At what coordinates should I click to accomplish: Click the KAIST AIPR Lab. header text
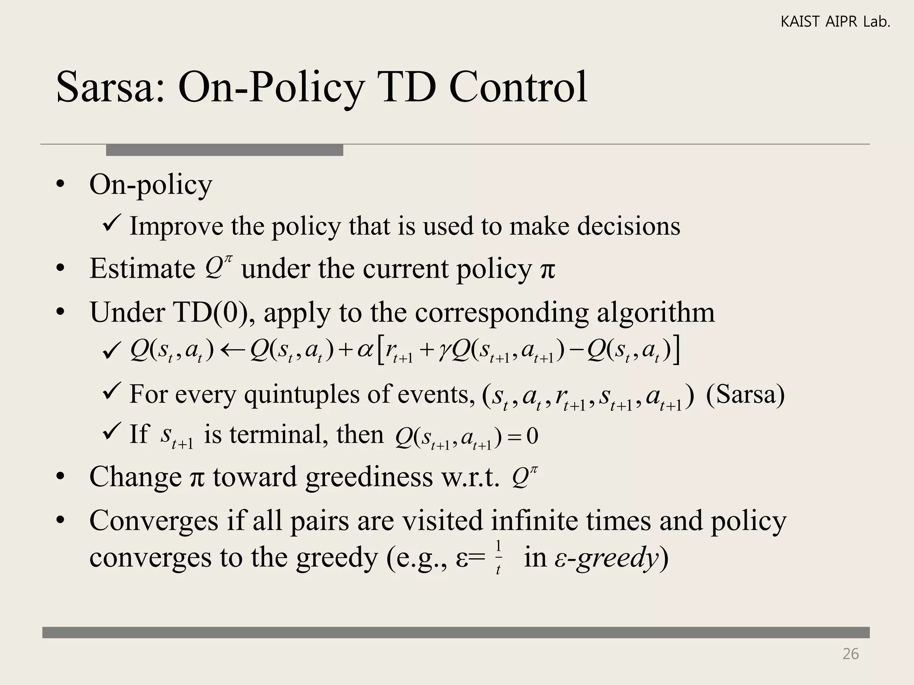point(835,22)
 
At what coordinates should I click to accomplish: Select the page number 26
point(850,654)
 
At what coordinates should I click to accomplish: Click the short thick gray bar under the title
point(224,150)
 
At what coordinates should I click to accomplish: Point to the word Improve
point(176,226)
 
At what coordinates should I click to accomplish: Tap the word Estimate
point(142,268)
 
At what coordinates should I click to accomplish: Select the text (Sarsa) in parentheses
point(745,394)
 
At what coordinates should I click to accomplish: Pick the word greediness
point(369,477)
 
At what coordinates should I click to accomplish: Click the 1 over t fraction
point(498,557)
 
